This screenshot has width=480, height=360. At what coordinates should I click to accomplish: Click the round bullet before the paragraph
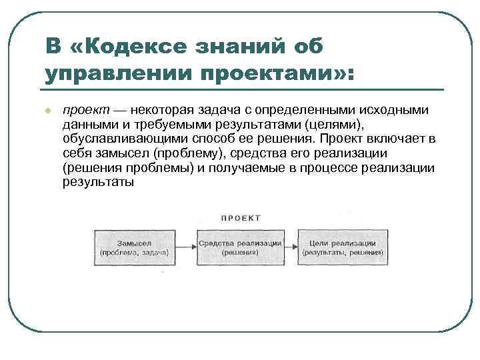[47, 110]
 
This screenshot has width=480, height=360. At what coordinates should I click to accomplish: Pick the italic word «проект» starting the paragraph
[83, 109]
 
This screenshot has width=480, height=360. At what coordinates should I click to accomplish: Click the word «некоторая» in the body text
[158, 109]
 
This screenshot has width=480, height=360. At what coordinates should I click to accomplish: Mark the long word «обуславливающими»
[120, 139]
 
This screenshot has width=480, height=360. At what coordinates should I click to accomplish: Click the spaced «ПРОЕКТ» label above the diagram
[241, 217]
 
